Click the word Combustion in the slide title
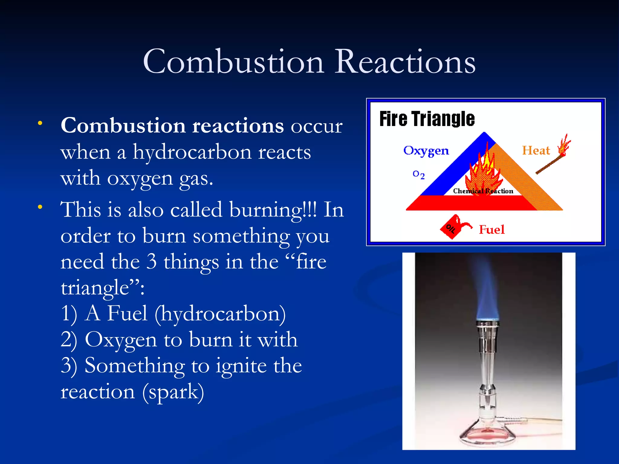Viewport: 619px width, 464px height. (x=233, y=62)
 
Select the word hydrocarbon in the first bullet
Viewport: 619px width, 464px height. (x=192, y=152)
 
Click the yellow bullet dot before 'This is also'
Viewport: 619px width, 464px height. (x=40, y=207)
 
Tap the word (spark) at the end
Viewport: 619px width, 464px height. (x=173, y=392)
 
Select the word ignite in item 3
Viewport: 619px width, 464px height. (x=241, y=366)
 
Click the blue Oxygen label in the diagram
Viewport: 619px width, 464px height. (x=426, y=150)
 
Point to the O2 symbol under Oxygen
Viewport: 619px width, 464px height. (x=419, y=174)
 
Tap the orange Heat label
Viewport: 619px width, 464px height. (x=536, y=150)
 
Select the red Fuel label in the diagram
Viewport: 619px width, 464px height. (x=492, y=230)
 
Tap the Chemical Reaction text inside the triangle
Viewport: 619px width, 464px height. (x=483, y=191)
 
